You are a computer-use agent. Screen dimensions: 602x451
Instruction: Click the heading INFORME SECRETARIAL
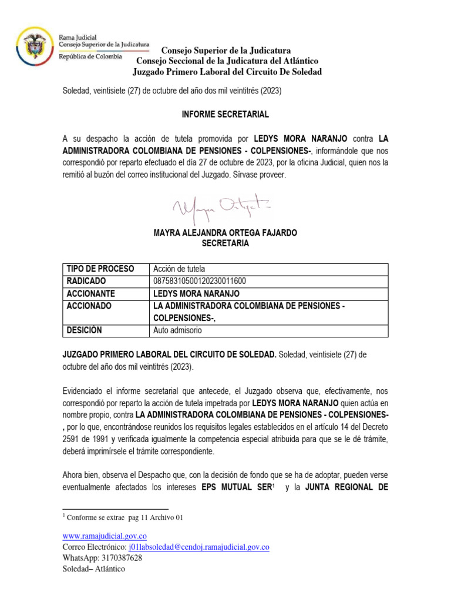pyautogui.click(x=225, y=113)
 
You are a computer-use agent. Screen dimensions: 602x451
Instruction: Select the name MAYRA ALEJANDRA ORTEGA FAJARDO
pyautogui.click(x=225, y=233)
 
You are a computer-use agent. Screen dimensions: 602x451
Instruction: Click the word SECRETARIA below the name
pyautogui.click(x=225, y=243)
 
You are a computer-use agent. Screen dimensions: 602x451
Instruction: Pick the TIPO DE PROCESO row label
pyautogui.click(x=100, y=269)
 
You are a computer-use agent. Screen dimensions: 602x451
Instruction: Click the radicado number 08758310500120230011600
pyautogui.click(x=199, y=281)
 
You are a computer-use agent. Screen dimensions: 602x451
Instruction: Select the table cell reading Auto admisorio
pyautogui.click(x=177, y=330)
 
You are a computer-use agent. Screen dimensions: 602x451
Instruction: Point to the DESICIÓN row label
pyautogui.click(x=85, y=330)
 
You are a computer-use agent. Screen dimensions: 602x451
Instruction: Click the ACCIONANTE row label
pyautogui.click(x=90, y=293)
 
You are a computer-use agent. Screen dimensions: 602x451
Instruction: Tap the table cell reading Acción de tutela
pyautogui.click(x=179, y=269)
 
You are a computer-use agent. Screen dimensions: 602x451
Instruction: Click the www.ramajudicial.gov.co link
pyautogui.click(x=104, y=536)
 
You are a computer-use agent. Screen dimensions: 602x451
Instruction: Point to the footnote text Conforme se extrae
pyautogui.click(x=125, y=517)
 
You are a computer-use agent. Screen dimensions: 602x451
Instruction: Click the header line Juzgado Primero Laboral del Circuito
pyautogui.click(x=227, y=72)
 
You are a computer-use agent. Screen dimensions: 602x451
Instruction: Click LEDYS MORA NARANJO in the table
pyautogui.click(x=196, y=293)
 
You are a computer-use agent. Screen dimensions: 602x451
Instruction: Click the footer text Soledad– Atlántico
pyautogui.click(x=93, y=569)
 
